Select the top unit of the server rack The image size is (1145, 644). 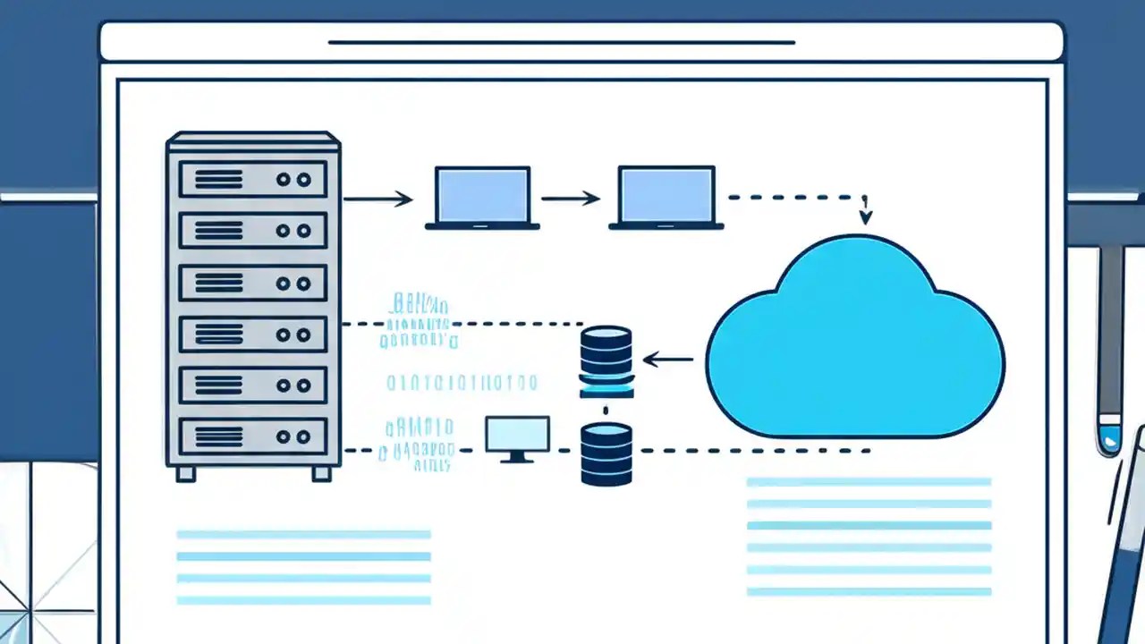pyautogui.click(x=253, y=180)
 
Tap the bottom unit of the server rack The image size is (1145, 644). pyautogui.click(x=253, y=436)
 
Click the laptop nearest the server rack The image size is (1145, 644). pyautogui.click(x=482, y=197)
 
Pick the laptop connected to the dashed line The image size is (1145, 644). pyautogui.click(x=666, y=197)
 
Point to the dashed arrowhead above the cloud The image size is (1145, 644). pyautogui.click(x=865, y=217)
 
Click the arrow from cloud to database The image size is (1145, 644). pyautogui.click(x=667, y=360)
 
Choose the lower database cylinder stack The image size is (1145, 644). pyautogui.click(x=606, y=453)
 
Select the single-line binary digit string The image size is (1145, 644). pyautogui.click(x=462, y=384)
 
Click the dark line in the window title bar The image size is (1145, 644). pyautogui.click(x=562, y=42)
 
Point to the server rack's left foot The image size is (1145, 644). pyautogui.click(x=185, y=473)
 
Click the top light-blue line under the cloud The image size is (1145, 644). pyautogui.click(x=869, y=482)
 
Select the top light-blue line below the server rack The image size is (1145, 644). pyautogui.click(x=303, y=535)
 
